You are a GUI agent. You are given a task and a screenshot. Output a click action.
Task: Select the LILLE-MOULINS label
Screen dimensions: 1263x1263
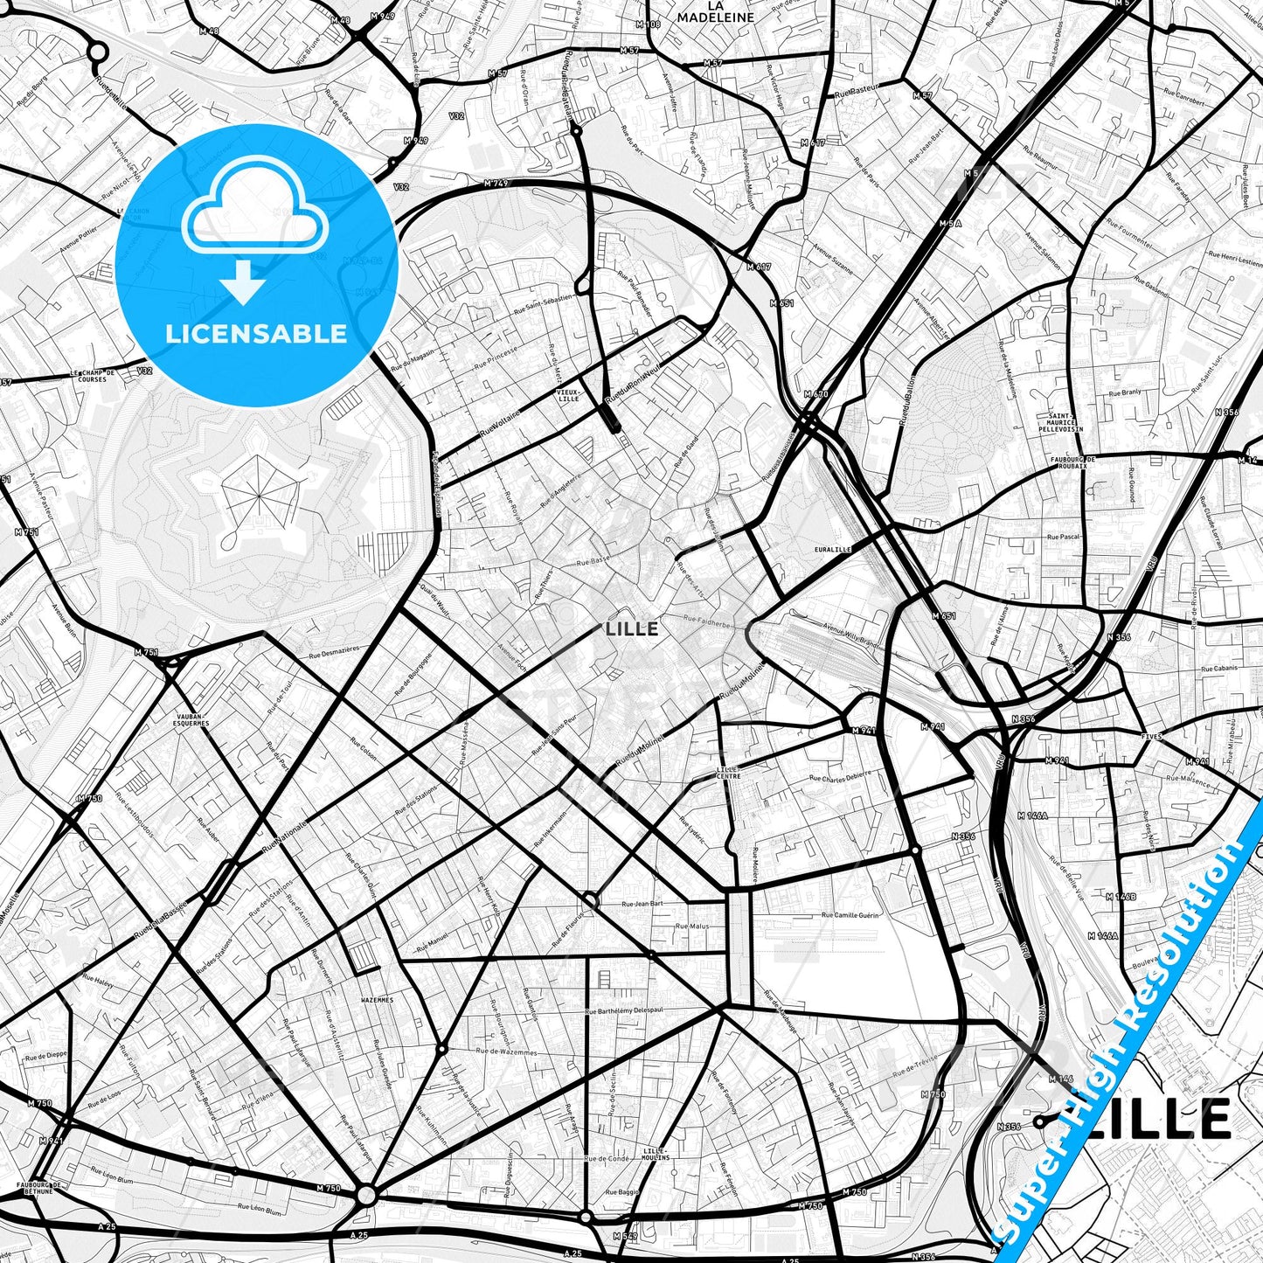coord(655,1153)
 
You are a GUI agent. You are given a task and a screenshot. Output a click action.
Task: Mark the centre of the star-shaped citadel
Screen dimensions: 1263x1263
coord(259,496)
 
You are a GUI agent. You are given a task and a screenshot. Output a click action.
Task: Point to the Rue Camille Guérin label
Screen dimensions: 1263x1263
coord(850,915)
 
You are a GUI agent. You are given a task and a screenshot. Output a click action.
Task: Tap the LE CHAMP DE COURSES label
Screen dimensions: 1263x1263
coord(94,377)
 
